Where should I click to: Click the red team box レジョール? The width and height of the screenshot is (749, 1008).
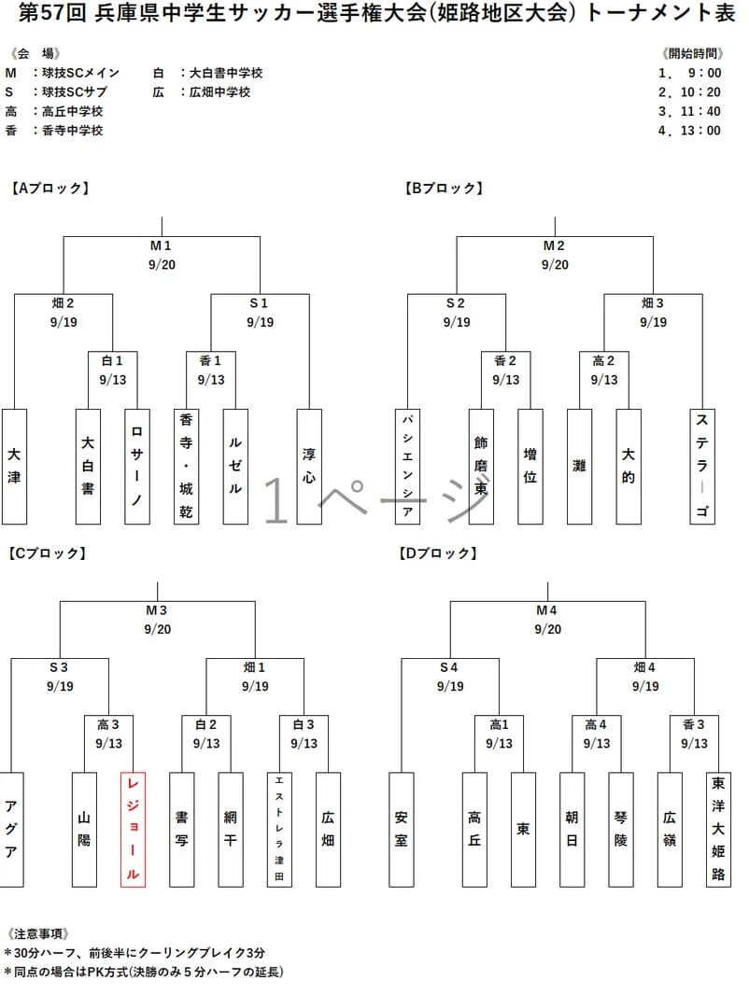[134, 830]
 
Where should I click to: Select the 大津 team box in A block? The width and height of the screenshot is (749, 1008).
[14, 466]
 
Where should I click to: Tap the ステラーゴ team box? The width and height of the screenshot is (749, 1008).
[702, 466]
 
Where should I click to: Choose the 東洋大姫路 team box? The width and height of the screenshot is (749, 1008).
[718, 830]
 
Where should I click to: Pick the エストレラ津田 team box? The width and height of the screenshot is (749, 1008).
[279, 830]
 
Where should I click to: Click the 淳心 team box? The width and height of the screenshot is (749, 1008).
[309, 466]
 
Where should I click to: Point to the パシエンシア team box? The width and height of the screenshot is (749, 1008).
[407, 466]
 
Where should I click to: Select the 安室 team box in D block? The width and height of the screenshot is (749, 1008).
[401, 830]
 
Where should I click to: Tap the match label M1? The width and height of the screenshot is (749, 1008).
[161, 245]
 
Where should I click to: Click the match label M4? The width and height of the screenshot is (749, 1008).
[546, 610]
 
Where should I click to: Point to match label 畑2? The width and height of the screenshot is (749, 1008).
[64, 302]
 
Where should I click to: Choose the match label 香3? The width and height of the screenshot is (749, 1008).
[694, 724]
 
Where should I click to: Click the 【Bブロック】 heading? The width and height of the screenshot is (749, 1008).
[444, 189]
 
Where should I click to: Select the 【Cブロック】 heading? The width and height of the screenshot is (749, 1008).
[48, 553]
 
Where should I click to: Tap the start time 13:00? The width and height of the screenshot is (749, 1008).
[700, 131]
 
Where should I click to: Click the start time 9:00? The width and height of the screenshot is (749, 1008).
[704, 73]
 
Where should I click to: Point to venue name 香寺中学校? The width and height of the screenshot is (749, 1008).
[73, 131]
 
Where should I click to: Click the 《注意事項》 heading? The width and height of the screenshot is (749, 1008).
[38, 933]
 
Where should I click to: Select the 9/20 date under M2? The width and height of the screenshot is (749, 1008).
[555, 265]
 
